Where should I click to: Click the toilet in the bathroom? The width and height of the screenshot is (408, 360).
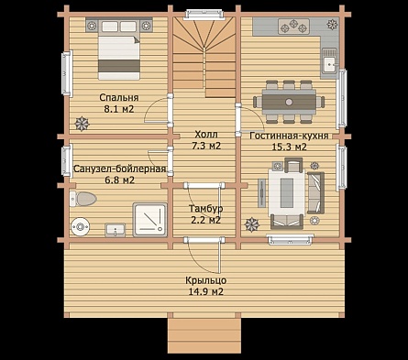coord(83,199)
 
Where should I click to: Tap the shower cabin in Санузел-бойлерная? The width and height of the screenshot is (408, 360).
coord(150,220)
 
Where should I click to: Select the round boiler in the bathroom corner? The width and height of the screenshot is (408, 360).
coord(80,227)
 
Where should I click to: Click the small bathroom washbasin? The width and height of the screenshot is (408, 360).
coord(115,230)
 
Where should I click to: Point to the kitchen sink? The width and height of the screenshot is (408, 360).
coord(329,63)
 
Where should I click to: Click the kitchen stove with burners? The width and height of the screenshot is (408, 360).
coord(293,26)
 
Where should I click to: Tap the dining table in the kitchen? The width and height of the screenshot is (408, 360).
coord(289,102)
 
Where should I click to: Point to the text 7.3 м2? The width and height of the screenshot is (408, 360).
coord(206,146)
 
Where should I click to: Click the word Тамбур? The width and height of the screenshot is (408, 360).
coord(205,209)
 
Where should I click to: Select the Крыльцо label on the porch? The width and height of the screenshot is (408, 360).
coord(206,280)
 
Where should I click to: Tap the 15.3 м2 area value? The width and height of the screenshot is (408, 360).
coord(289,147)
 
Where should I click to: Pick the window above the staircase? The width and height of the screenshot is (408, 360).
coord(204,15)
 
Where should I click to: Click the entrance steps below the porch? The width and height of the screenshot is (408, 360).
coord(204,335)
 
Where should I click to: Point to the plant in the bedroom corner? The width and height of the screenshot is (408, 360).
coord(83,124)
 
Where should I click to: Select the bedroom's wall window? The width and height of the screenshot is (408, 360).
coord(66,73)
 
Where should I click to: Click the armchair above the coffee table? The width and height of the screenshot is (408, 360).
coord(293,165)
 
